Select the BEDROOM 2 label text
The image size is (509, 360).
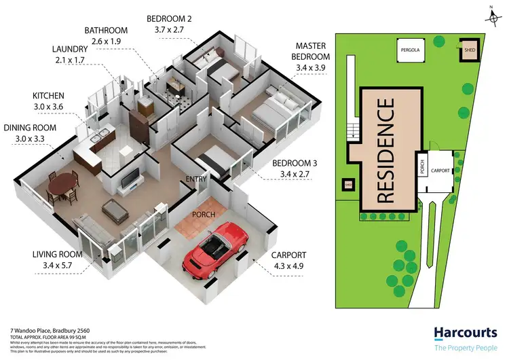coord(169,18)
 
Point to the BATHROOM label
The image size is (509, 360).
coord(107,31)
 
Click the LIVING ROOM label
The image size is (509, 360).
coord(57,255)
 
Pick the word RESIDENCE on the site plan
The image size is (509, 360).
coord(385,150)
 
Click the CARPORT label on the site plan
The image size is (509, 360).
coord(440,170)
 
